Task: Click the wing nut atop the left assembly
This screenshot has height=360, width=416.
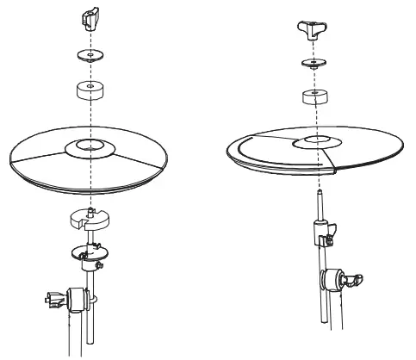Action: point(90,17)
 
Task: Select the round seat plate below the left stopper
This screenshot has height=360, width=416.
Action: point(88,253)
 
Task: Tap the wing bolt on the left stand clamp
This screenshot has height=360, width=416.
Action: point(51,301)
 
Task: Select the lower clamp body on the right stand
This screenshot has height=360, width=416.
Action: point(331,280)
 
